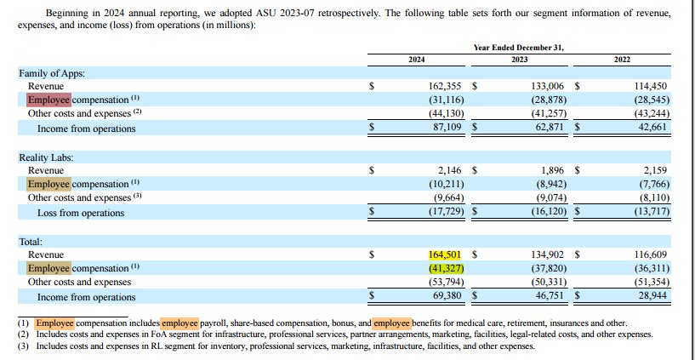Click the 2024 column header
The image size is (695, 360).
pyautogui.click(x=416, y=58)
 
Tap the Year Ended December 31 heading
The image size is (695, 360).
pyautogui.click(x=518, y=47)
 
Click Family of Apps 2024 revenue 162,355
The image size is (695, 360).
pyautogui.click(x=447, y=87)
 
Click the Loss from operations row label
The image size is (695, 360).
pyautogui.click(x=81, y=213)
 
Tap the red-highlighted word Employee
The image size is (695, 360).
pyautogui.click(x=50, y=100)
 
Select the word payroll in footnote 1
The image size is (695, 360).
pyautogui.click(x=218, y=323)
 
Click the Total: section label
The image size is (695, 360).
pyautogui.click(x=31, y=242)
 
